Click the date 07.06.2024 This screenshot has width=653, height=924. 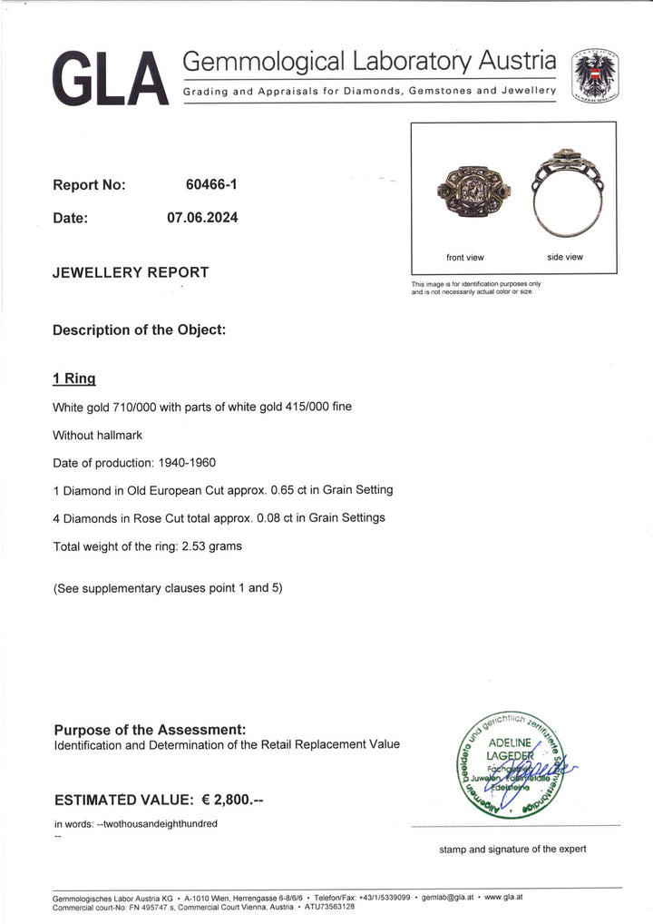click(x=202, y=218)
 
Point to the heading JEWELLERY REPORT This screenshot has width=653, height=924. click(x=131, y=272)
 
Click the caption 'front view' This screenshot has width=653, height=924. click(x=465, y=257)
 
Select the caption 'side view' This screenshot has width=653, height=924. click(x=565, y=257)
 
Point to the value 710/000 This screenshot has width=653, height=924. click(x=138, y=407)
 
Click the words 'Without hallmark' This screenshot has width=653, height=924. click(x=98, y=435)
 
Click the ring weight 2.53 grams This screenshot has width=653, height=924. click(x=215, y=546)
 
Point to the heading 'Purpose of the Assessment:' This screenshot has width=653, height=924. click(x=150, y=729)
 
